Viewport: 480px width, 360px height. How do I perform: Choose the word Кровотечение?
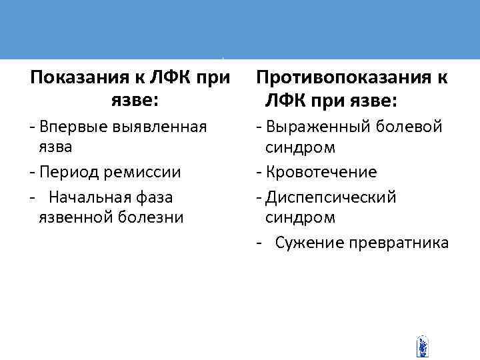[x=321, y=172]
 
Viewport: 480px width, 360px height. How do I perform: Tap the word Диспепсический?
[x=331, y=197]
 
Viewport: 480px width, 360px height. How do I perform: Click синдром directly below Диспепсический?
[x=299, y=217]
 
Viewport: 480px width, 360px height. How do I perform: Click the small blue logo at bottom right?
[x=421, y=346]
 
